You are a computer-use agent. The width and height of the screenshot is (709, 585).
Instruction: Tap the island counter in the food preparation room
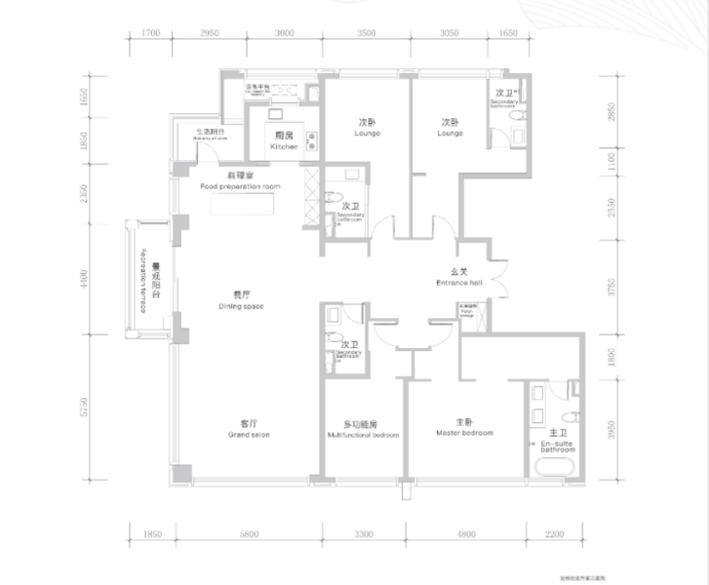(x=239, y=205)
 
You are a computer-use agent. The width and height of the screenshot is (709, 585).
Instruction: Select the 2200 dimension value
(x=555, y=534)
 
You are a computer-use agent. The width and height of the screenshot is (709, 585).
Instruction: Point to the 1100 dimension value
(x=612, y=159)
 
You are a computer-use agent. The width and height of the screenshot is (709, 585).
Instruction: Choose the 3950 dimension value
(x=612, y=427)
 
